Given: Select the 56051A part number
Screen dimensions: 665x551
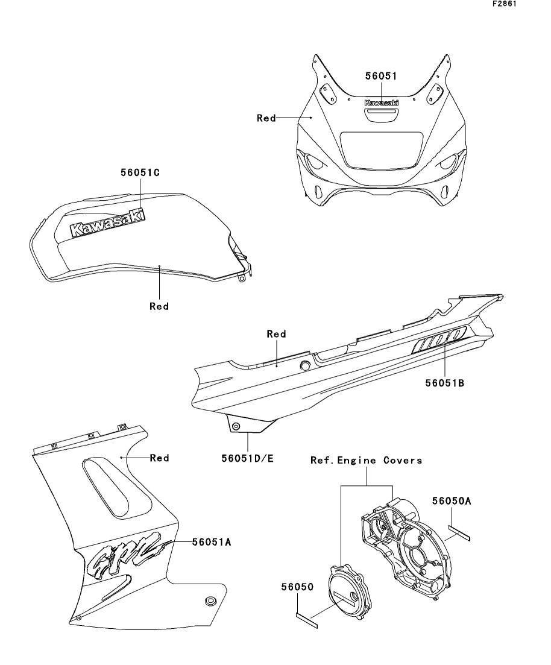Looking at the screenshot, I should tap(212, 542).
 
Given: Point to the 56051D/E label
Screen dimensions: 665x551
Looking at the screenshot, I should tap(247, 459).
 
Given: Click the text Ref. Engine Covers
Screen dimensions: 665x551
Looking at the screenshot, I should tap(366, 460).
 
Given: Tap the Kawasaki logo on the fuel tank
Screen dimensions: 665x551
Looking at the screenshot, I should tap(108, 223).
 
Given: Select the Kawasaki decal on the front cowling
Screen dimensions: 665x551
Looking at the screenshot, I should tap(381, 103).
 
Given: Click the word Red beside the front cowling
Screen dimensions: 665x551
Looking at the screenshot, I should tap(266, 118).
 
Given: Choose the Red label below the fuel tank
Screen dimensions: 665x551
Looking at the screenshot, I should tap(159, 306).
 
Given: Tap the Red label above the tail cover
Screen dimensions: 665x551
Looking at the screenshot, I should tap(276, 333).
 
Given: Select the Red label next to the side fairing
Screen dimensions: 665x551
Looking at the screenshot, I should tap(159, 458).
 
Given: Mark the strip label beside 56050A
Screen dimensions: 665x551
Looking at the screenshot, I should tap(462, 531).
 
